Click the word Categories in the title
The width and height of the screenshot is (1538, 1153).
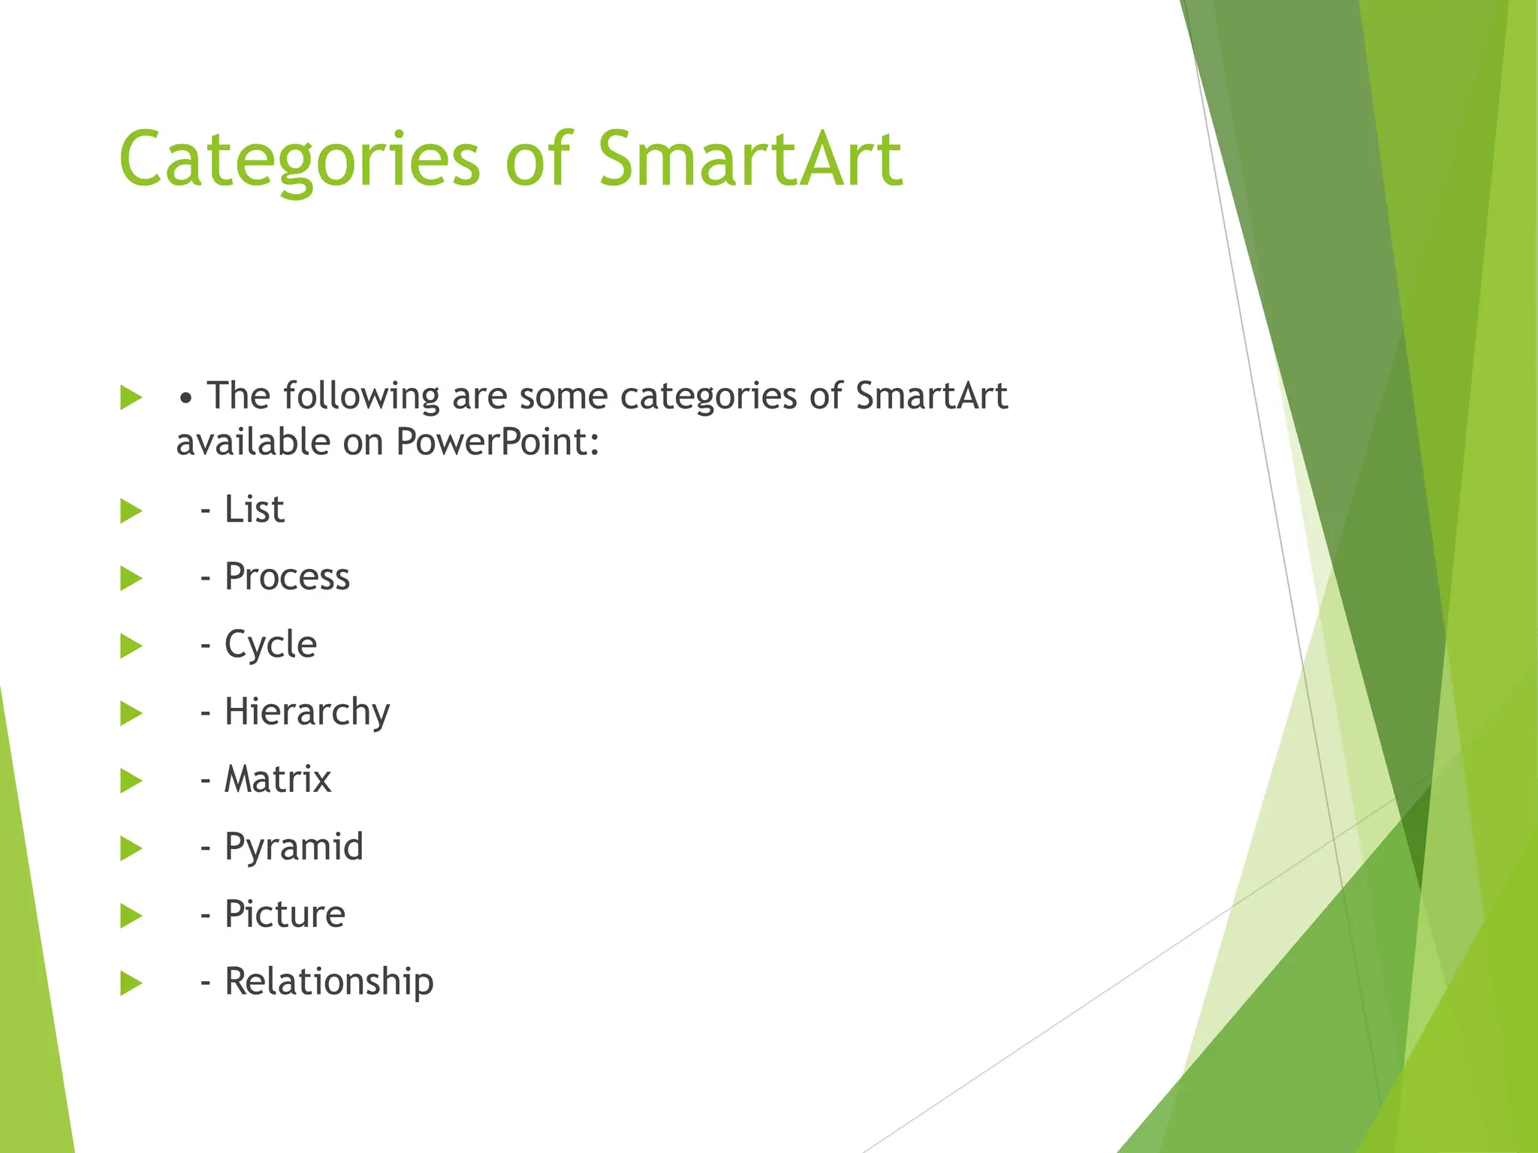click(x=299, y=159)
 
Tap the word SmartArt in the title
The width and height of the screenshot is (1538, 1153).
click(x=749, y=159)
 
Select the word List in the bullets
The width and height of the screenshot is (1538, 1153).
click(x=254, y=510)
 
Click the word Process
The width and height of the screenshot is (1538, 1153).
click(x=287, y=577)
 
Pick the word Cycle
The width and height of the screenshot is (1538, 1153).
click(x=270, y=645)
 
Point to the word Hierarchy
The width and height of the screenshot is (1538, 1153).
click(x=306, y=712)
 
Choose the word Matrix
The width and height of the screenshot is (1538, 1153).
click(x=277, y=779)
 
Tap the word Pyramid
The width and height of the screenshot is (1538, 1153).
click(x=294, y=847)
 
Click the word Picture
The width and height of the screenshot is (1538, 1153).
click(x=285, y=914)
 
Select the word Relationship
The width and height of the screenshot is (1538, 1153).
click(x=329, y=982)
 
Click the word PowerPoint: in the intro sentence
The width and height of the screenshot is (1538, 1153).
click(x=497, y=442)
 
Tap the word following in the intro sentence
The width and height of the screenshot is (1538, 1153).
click(x=361, y=396)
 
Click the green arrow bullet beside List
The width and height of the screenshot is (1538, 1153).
click(x=131, y=511)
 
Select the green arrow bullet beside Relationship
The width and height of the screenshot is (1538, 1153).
click(x=131, y=983)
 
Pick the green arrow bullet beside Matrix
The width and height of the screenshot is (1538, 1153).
click(x=131, y=781)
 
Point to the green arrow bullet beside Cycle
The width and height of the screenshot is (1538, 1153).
click(x=131, y=646)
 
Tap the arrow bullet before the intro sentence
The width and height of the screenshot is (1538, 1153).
click(x=131, y=398)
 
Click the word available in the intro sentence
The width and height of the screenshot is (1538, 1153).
click(x=253, y=442)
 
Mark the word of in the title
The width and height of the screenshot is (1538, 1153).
click(x=538, y=159)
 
